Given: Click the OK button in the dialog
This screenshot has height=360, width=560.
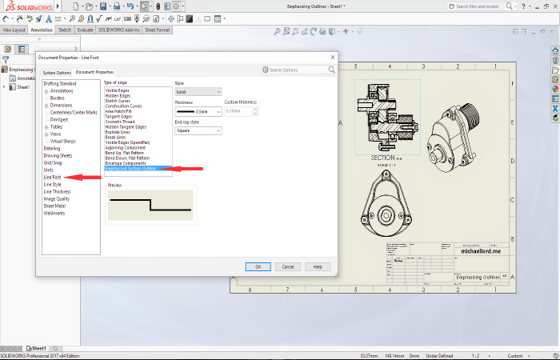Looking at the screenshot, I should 258,266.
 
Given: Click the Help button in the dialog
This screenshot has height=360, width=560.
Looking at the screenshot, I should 318,266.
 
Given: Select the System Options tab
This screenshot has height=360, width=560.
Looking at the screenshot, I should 57,73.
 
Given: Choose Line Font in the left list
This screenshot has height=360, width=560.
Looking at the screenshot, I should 52,177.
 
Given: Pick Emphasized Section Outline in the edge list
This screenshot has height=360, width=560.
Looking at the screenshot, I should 131,169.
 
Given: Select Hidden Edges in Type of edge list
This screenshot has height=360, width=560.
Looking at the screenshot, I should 118,95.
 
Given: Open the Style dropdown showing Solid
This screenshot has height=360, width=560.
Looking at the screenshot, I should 198,93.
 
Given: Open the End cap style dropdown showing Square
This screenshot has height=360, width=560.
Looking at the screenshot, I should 198,130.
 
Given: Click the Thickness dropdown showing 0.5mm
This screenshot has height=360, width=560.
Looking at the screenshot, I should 198,111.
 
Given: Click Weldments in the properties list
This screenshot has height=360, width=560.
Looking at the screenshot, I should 54,213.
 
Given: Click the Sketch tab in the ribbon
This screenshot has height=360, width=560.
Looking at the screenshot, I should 65,30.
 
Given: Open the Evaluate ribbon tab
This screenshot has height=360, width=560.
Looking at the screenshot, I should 86,30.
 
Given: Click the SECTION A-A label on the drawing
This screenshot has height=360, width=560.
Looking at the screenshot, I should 388,158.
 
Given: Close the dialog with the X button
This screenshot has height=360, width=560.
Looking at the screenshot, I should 332,58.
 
